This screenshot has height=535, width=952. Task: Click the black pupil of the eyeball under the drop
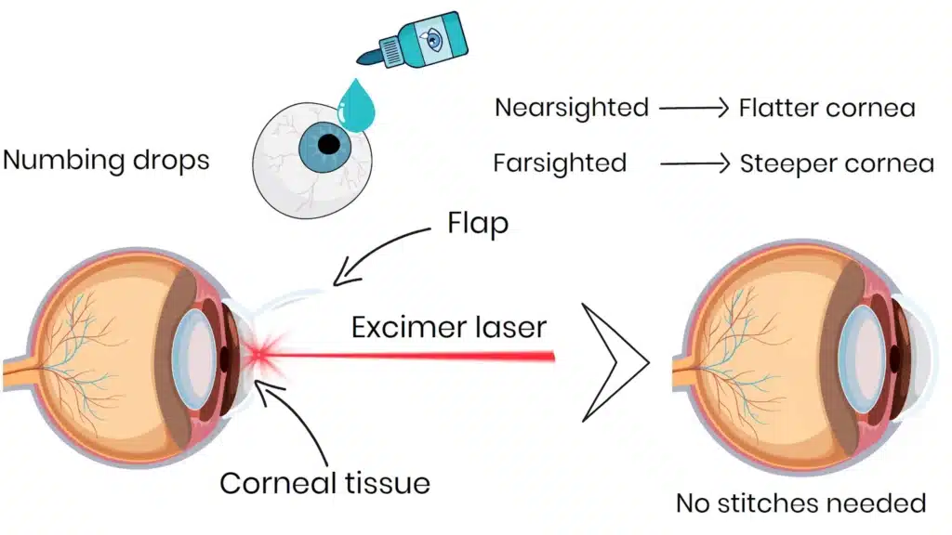[327, 145]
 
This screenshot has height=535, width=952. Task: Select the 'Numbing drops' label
[106, 160]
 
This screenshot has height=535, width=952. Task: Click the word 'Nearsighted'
[571, 108]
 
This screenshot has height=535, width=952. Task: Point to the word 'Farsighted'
[560, 163]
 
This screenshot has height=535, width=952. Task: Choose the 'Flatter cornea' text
[826, 108]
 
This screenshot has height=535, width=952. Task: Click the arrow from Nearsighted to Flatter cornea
[693, 108]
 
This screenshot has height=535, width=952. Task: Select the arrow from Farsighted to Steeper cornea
[694, 164]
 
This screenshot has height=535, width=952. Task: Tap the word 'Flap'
[477, 225]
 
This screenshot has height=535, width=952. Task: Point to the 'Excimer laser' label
[449, 326]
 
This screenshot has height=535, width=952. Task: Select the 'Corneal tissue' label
[324, 483]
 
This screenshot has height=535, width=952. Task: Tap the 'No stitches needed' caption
[800, 503]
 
